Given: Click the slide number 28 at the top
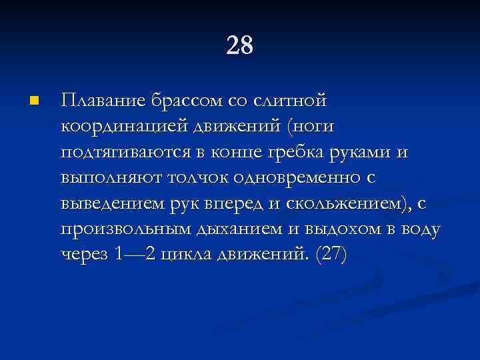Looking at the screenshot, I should [240, 47].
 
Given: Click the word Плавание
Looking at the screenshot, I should [101, 101].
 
